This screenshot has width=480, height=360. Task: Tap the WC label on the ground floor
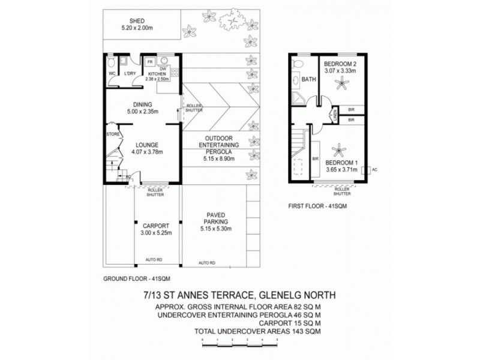pos(112,74)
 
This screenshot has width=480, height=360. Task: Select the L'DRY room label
pos(130,74)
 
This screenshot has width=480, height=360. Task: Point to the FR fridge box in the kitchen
pos(148,61)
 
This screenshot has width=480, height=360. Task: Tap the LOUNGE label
pos(146,145)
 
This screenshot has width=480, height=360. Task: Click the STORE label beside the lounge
pos(112,134)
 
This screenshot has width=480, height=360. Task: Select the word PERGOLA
pos(214,152)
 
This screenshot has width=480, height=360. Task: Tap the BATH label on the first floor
pos(309,79)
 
